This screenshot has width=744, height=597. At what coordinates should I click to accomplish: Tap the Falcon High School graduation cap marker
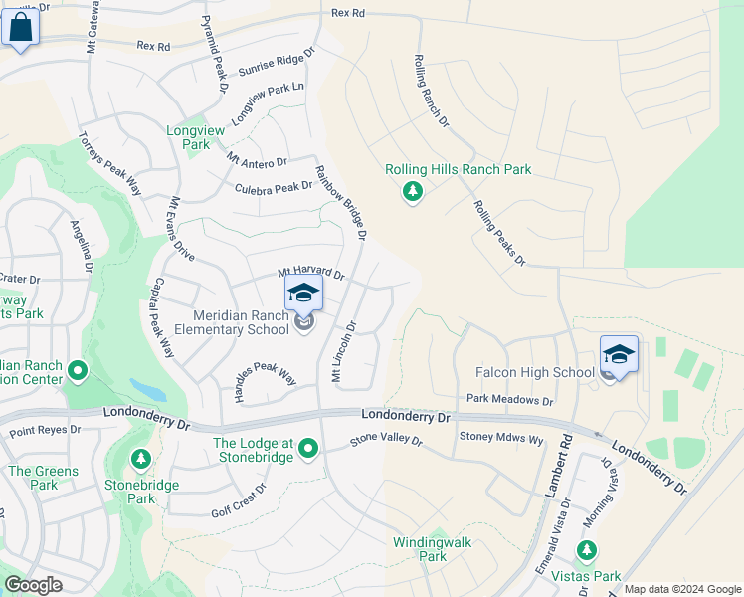619,355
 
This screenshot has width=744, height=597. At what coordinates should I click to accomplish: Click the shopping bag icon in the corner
21,28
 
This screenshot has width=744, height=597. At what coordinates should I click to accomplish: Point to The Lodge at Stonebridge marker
308,450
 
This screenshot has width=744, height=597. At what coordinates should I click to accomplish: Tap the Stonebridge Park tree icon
141,460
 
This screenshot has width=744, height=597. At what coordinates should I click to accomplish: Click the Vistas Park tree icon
587,549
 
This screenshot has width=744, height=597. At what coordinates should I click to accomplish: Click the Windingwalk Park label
432,549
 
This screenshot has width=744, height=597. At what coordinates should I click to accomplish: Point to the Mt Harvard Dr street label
310,274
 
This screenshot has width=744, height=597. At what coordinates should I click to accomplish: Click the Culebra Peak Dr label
274,187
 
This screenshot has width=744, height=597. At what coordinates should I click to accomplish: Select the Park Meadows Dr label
509,400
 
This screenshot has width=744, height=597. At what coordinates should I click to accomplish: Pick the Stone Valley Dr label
386,440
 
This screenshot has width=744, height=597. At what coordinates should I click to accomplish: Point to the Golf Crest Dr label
239,501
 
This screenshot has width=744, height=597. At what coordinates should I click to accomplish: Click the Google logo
34,585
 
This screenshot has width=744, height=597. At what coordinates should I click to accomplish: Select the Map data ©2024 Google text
681,589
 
